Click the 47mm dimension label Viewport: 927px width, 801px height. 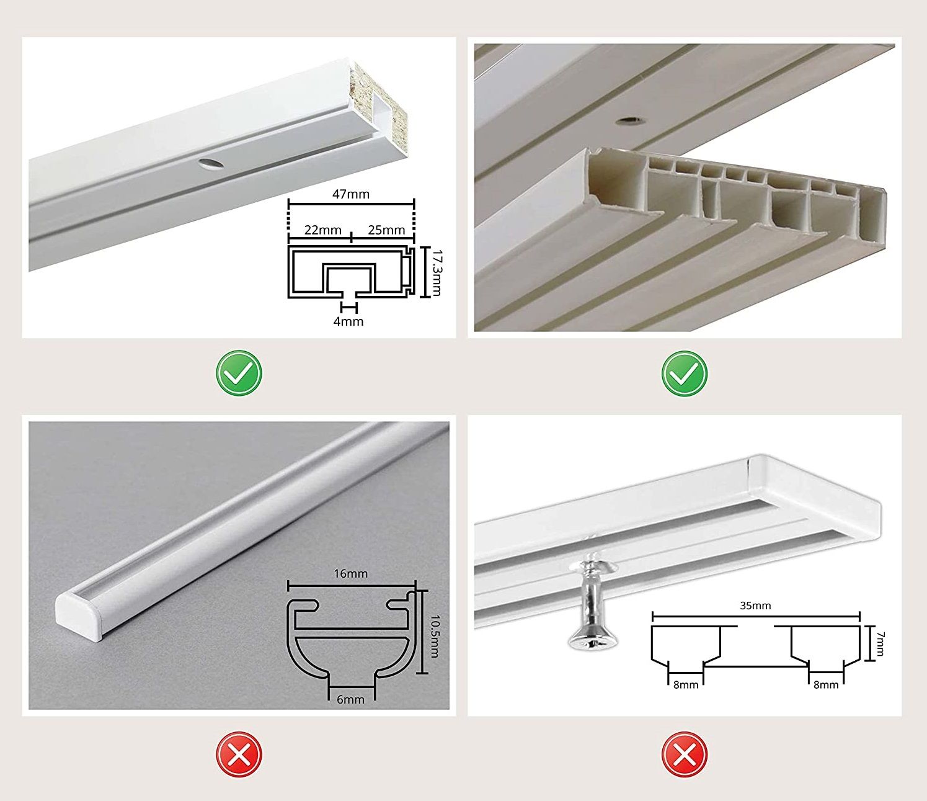coord(351,194)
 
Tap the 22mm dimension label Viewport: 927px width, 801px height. coord(323,230)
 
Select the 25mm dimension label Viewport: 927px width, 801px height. coord(386,230)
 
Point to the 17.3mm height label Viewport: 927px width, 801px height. coord(436,272)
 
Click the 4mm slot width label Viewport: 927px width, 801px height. coord(348,321)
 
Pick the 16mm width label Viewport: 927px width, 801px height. coord(351,573)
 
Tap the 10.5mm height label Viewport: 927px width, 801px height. coord(434,637)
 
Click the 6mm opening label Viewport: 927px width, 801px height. coord(351,700)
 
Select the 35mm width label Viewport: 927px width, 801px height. coord(755,606)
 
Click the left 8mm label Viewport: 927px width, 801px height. coord(686,685)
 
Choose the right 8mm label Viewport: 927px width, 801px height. coord(826,685)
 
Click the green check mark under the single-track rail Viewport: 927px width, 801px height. coord(239,374)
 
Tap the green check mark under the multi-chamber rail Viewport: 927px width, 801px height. coord(685,374)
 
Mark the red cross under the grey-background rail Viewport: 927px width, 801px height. coord(239,754)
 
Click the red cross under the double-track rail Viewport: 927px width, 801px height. coord(685,754)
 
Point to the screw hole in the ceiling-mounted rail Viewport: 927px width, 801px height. coord(629,120)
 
